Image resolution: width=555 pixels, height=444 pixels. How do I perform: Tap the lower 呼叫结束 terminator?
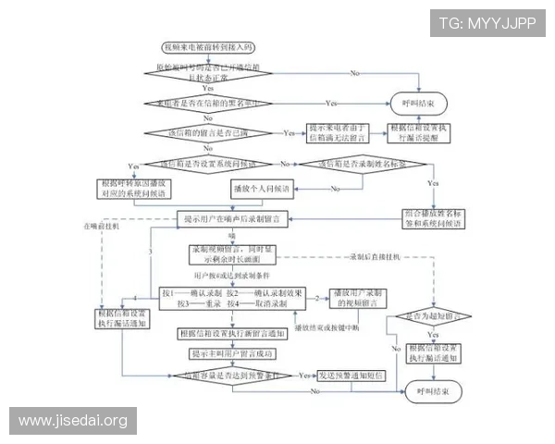[x=431, y=392]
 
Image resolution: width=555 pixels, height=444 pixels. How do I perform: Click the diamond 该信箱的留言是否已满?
[x=206, y=134]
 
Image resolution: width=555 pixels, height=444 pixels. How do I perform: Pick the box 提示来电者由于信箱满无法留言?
[x=339, y=133]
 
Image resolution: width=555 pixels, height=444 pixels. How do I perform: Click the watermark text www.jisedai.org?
[x=73, y=422]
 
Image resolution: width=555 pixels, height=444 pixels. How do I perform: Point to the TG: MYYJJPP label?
[x=487, y=22]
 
